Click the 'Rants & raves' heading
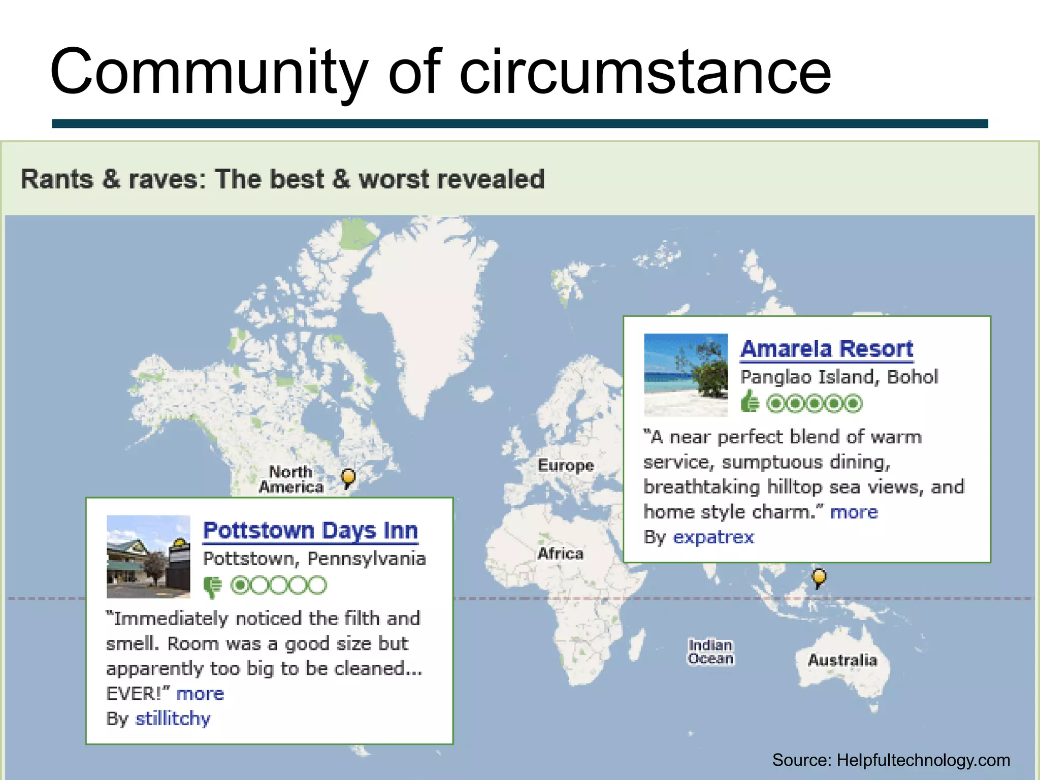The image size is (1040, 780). coord(282,179)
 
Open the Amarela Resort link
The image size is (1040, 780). coord(826,349)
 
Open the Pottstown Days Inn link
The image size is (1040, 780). coord(310,531)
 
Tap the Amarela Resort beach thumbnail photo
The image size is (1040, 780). coord(686,375)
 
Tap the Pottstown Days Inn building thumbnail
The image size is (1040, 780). coord(148,556)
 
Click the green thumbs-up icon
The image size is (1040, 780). coord(750,402)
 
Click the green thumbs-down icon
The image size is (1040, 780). coord(212,587)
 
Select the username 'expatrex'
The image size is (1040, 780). coord(713,537)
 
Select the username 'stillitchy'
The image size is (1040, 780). coord(173,719)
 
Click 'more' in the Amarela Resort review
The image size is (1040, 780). coord(854,512)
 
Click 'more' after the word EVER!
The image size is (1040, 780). coord(200,694)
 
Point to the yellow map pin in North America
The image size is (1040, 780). coord(348,477)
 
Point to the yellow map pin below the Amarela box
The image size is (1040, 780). coord(819,577)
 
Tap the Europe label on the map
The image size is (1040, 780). coord(566,465)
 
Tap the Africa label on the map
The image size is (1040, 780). coord(560,553)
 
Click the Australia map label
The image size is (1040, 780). coord(842,660)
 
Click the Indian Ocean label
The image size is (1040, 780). coord(710,652)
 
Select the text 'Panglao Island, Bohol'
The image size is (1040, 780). coord(839,377)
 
